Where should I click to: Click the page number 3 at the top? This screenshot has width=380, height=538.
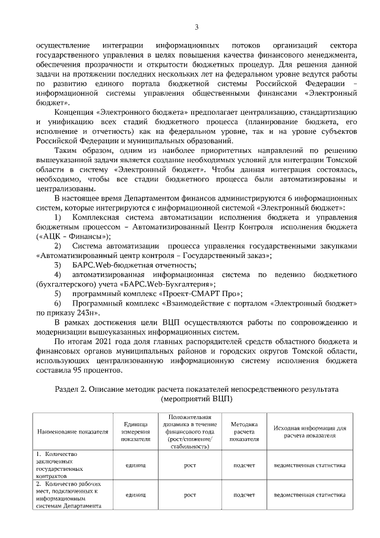[x=197, y=26]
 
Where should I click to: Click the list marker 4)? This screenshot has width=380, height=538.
[x=58, y=274]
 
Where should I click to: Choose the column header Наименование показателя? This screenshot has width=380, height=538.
[x=73, y=431]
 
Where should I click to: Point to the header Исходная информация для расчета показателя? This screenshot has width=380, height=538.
[x=309, y=431]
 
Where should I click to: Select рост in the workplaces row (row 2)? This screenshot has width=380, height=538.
[x=189, y=494]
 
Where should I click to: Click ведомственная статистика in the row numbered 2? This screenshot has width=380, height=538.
[x=309, y=494]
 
